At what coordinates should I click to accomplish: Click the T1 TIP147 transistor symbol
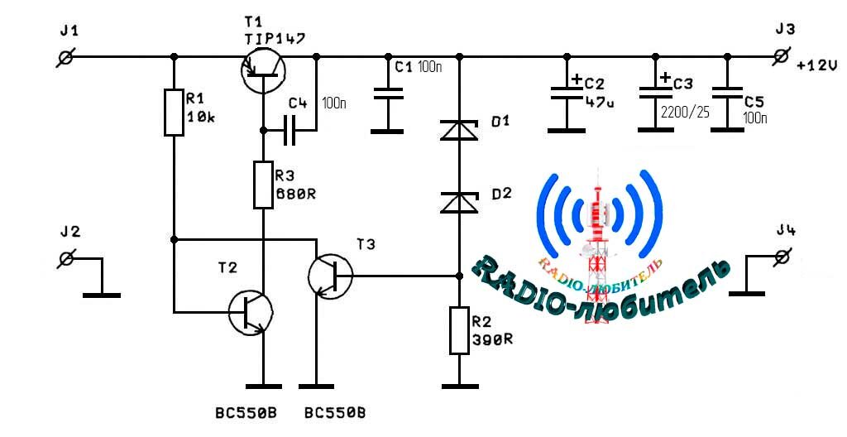[263, 72]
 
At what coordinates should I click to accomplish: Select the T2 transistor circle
[250, 313]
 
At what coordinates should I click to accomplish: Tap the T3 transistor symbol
[330, 276]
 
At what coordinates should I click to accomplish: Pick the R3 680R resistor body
[263, 185]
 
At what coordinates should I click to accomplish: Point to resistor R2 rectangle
[459, 331]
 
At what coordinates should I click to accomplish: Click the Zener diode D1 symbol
[459, 131]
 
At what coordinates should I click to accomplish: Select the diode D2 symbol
[459, 203]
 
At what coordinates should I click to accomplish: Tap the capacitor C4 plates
[290, 130]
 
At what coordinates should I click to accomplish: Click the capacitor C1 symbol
[388, 94]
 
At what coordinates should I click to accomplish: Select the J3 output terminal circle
[782, 56]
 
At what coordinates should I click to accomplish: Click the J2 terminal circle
[66, 258]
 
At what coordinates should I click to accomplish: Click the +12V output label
[816, 66]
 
